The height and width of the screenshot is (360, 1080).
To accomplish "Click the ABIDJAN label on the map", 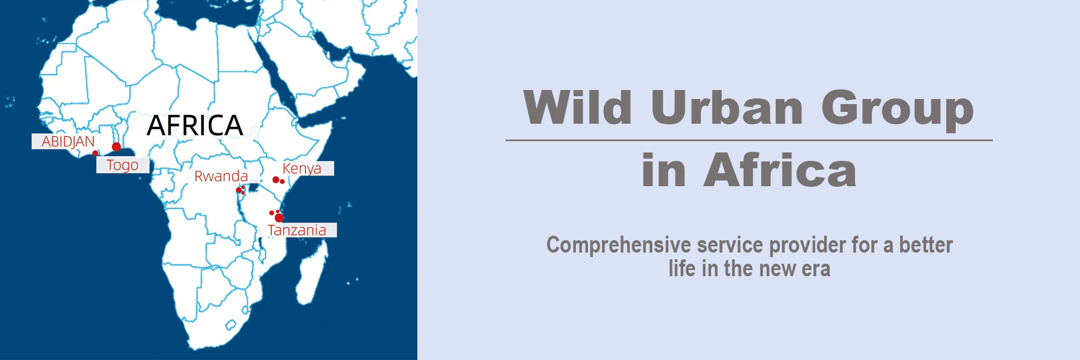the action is pos(68,141).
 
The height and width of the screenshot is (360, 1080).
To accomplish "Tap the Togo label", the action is pos(123,165).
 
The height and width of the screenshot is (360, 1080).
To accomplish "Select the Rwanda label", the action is pos(221,176).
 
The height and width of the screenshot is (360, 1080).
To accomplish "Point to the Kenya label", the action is pos(302,168).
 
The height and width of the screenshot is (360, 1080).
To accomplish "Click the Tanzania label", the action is pos(297,230).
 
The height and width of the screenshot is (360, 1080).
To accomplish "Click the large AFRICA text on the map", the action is pos(195,125).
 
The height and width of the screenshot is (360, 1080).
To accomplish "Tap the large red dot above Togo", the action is pos(116,147).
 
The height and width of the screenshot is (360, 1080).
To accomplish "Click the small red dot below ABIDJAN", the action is pos(95,153).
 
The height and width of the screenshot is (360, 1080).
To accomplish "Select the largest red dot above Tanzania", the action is pos(279,218).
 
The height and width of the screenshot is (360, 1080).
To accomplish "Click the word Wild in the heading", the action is pos(578,107).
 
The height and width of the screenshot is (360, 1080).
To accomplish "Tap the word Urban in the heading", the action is pos(727,107).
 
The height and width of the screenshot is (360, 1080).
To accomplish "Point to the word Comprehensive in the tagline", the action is pos(619,245).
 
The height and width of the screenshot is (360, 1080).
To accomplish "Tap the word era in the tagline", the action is pos(816,269).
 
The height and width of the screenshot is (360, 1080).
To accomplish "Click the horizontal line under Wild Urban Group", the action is pos(749,140).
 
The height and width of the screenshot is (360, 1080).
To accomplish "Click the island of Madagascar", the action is pos(312,273).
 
